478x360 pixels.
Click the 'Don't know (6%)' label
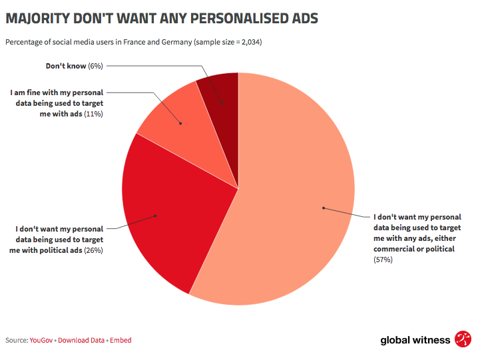(x=74, y=66)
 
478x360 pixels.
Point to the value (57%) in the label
(x=383, y=260)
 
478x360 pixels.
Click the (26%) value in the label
(x=93, y=250)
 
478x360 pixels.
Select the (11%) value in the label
(x=94, y=114)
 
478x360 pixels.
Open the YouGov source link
(x=41, y=340)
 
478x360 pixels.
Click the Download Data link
(x=81, y=340)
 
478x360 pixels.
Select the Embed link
(x=120, y=340)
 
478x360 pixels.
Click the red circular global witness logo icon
(x=463, y=339)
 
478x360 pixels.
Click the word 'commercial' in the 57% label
(x=397, y=249)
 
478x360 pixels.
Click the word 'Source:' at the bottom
(x=17, y=340)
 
